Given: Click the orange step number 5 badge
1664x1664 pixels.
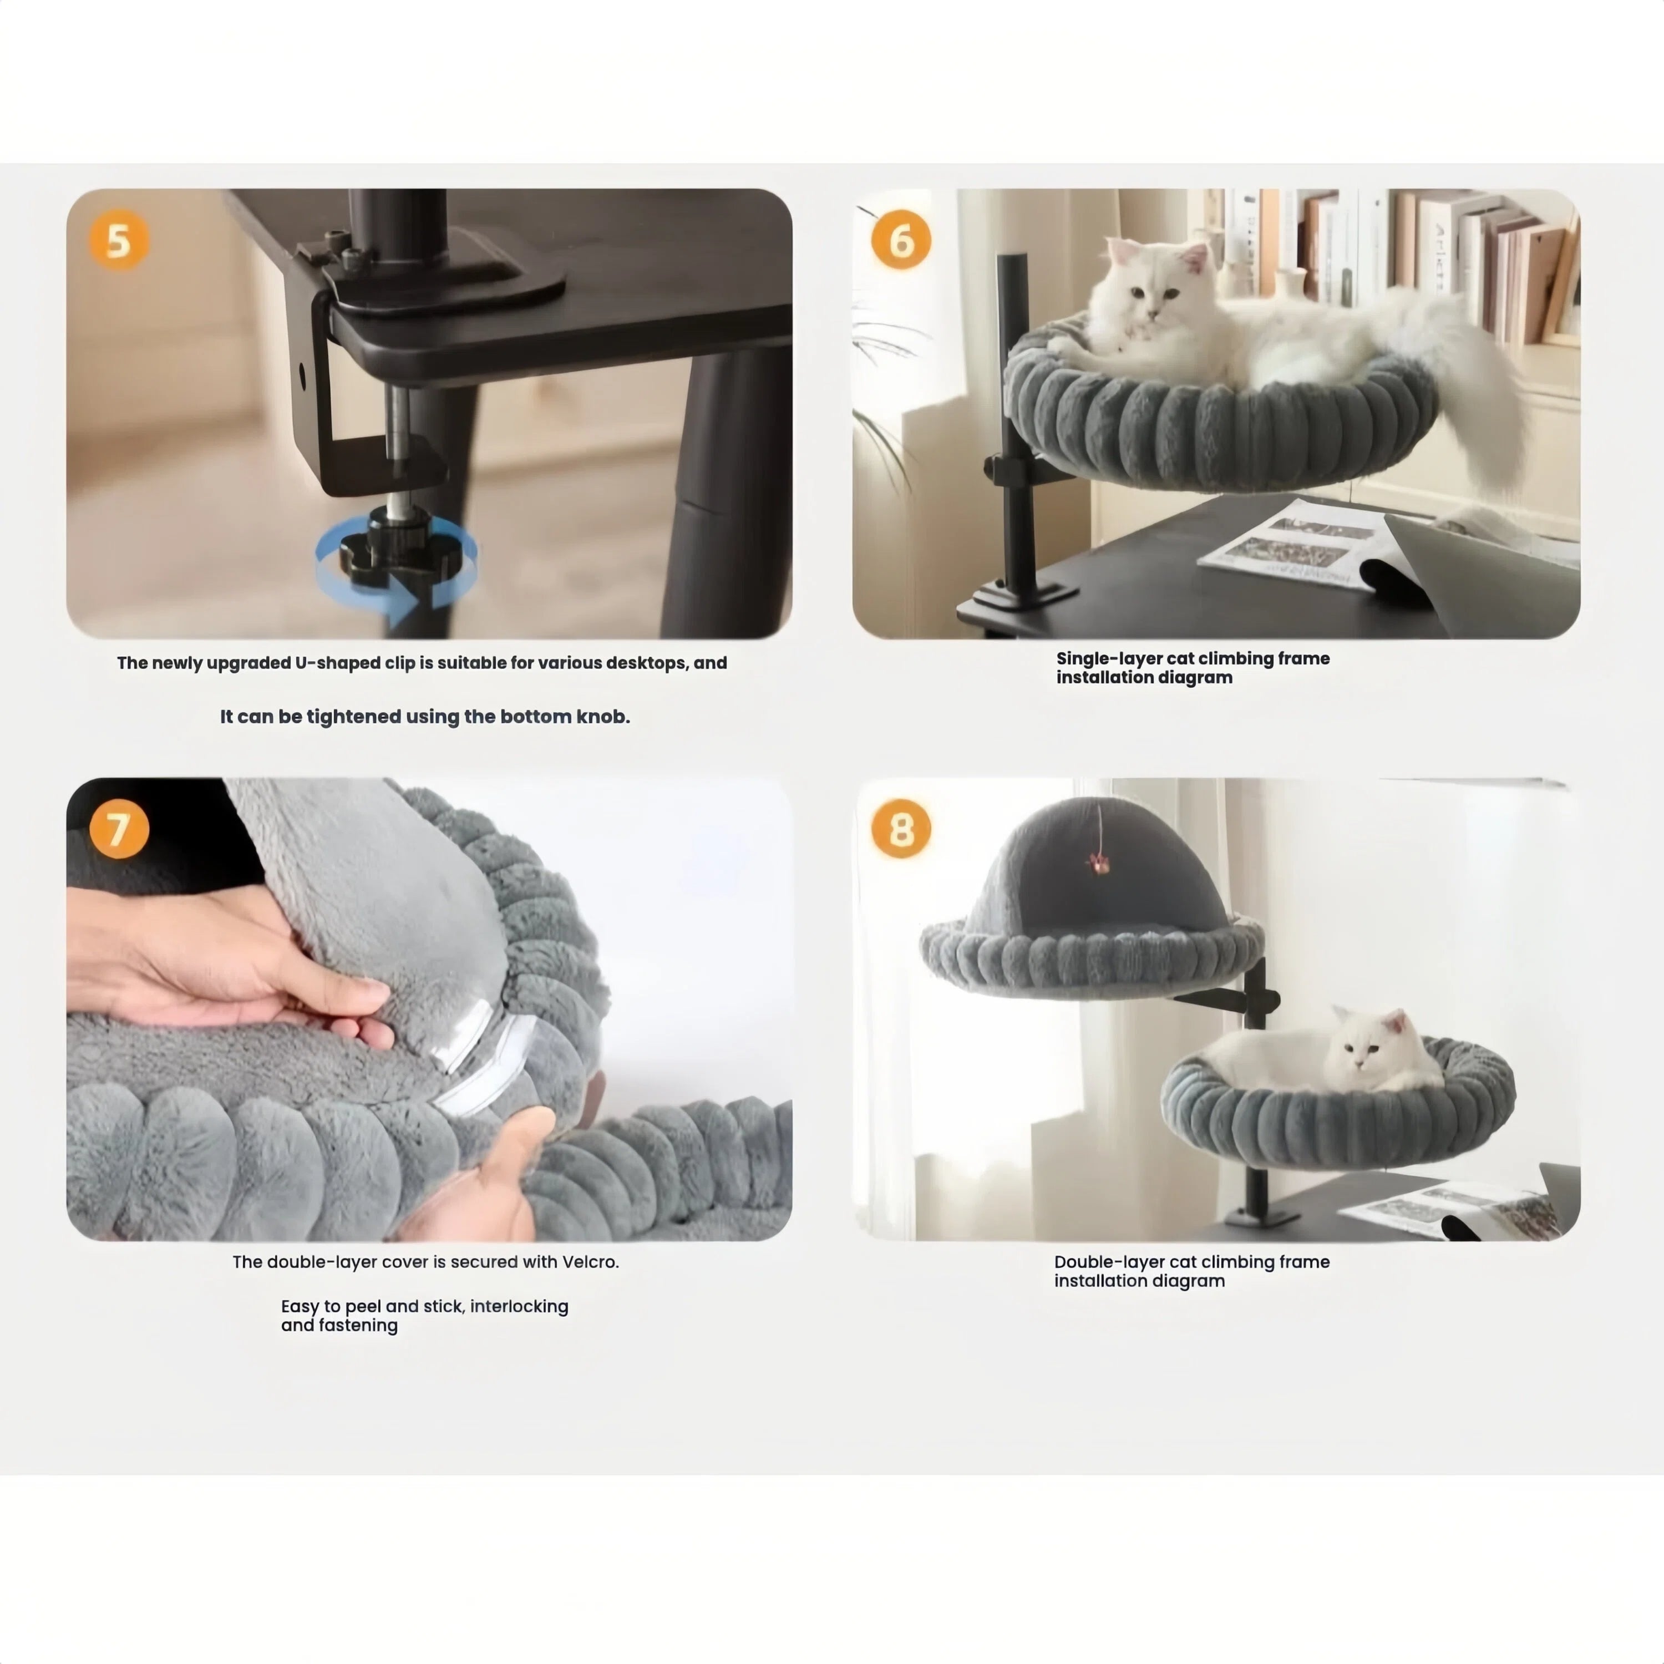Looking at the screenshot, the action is pyautogui.click(x=119, y=240).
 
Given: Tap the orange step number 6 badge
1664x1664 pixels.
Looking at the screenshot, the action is pyautogui.click(x=901, y=240).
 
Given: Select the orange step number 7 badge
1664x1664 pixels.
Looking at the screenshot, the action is pyautogui.click(x=119, y=829).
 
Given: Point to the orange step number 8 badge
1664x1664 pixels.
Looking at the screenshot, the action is pyautogui.click(x=901, y=829).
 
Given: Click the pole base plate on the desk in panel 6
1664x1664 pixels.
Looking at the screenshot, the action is pyautogui.click(x=1025, y=593).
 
